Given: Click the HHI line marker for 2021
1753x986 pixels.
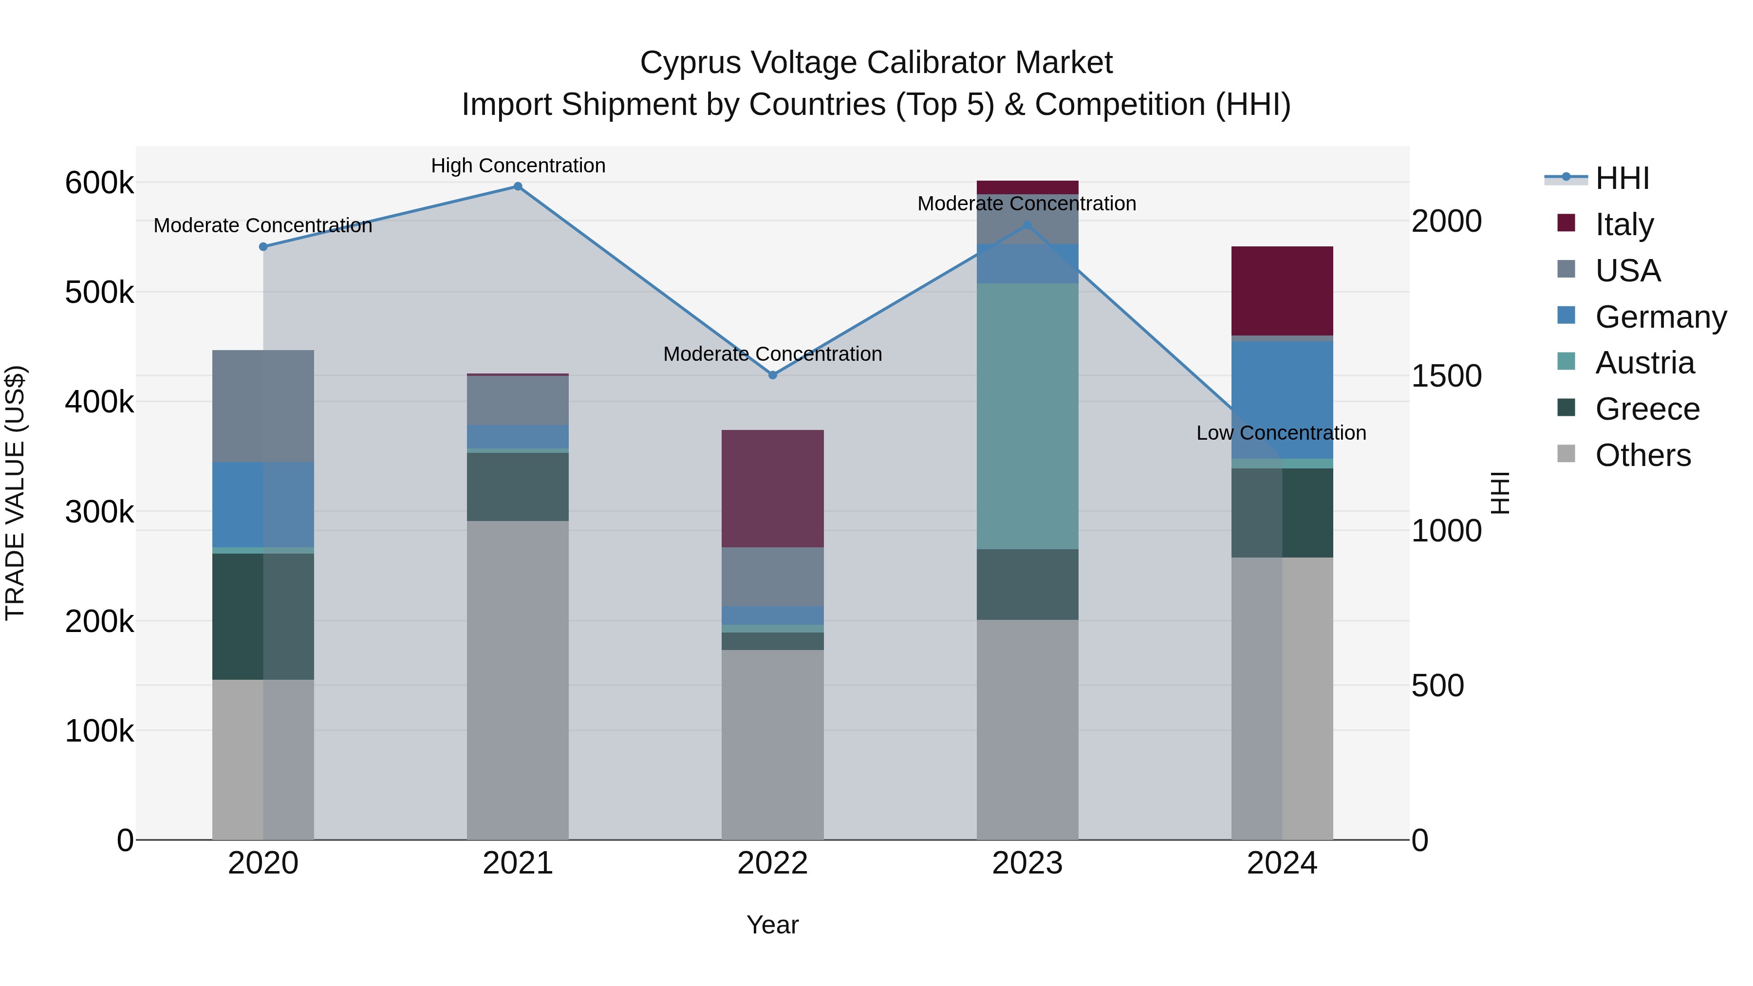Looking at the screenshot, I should coord(518,186).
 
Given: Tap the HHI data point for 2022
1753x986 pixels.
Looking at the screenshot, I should coord(772,375).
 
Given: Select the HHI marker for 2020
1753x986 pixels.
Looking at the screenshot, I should coord(263,247).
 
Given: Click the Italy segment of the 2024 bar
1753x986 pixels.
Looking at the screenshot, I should coord(1282,291).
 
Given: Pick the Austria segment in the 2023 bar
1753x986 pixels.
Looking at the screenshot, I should coord(1027,416).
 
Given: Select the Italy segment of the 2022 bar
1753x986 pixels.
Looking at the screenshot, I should coord(772,488).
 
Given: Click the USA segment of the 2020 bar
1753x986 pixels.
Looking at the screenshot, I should coord(263,406).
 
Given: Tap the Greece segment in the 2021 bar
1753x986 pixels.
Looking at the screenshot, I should coord(518,486).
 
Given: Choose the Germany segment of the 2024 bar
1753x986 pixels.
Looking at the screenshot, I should coord(1282,400).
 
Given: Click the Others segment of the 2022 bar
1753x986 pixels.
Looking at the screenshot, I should coord(772,744).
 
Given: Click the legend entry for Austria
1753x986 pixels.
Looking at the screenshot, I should coord(1645,363).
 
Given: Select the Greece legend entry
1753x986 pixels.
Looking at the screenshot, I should coord(1647,409).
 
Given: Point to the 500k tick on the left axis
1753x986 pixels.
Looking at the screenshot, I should coord(99,293).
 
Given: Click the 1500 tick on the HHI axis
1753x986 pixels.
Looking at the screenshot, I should coord(1446,376).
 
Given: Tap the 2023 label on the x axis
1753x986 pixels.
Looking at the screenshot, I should coord(1027,863).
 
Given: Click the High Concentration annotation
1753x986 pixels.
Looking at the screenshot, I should coord(518,166).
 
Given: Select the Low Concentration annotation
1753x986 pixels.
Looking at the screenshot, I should coord(1281,433).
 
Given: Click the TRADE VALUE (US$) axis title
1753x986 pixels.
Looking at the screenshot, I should coord(15,493).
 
